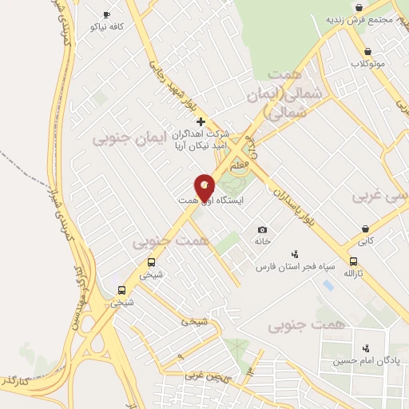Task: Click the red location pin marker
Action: pos(204,188)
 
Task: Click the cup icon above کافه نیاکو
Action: pos(107,14)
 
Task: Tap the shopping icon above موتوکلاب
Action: pos(367,50)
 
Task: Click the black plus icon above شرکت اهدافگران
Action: pos(201,122)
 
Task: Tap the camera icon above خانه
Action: pos(262,229)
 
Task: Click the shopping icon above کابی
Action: pos(365,229)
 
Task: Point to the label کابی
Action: pos(365,240)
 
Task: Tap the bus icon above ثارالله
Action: pos(353,261)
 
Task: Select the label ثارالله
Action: pos(353,273)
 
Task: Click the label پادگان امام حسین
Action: pos(367,360)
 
